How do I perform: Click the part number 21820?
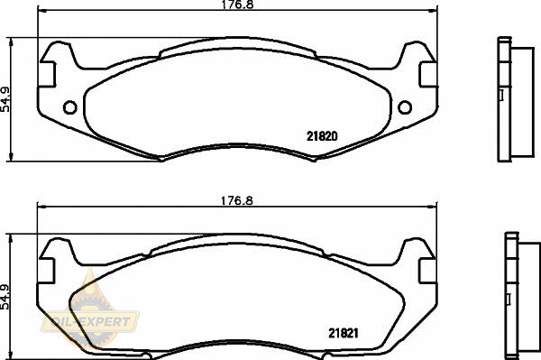click(x=322, y=136)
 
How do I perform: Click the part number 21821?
click(x=344, y=333)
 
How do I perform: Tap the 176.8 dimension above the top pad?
click(x=237, y=5)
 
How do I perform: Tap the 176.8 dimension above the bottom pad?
click(x=236, y=200)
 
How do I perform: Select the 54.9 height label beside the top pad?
click(x=5, y=99)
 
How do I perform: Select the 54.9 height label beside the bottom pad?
click(x=5, y=297)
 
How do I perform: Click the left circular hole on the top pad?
click(x=70, y=107)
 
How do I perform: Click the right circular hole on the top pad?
click(x=405, y=107)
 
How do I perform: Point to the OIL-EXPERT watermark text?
click(x=91, y=322)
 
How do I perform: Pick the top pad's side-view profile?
click(x=516, y=99)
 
